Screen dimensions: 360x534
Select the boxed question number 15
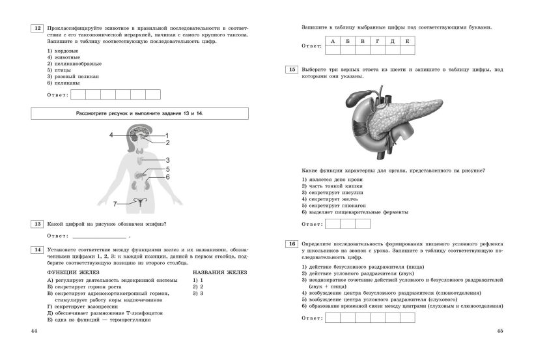click(292, 70)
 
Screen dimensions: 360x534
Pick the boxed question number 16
click(292, 243)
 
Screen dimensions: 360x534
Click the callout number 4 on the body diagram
click(111, 135)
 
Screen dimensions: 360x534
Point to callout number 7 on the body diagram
click(115, 204)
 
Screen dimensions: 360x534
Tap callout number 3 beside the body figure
click(167, 159)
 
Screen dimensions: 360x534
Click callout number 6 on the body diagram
click(167, 177)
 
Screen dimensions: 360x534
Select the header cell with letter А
click(333, 42)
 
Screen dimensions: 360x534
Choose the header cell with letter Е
click(408, 42)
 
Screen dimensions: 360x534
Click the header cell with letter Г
click(378, 42)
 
